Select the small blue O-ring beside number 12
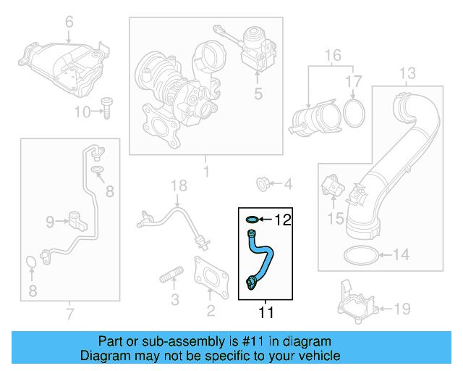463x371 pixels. coord(251,219)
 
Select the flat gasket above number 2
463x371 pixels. coord(210,277)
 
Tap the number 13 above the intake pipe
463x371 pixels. coord(407,73)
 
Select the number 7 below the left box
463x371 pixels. coord(69,314)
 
